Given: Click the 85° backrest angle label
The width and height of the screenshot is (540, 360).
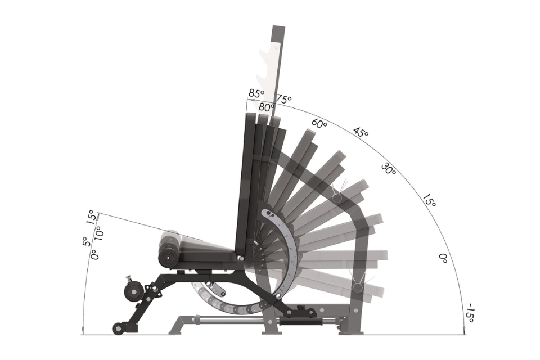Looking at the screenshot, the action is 256,93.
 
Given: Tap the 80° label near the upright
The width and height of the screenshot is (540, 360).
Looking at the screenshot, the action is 267,107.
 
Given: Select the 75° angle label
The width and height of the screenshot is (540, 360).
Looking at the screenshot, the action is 284,99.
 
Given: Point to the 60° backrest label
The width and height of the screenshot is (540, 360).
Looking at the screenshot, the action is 319,124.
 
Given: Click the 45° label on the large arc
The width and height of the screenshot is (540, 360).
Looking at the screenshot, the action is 361,133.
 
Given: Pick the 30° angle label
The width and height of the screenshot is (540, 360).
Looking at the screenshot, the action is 389,168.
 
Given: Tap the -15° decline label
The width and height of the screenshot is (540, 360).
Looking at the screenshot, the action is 470,313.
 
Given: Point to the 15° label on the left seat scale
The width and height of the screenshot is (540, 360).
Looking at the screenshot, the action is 91,217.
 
